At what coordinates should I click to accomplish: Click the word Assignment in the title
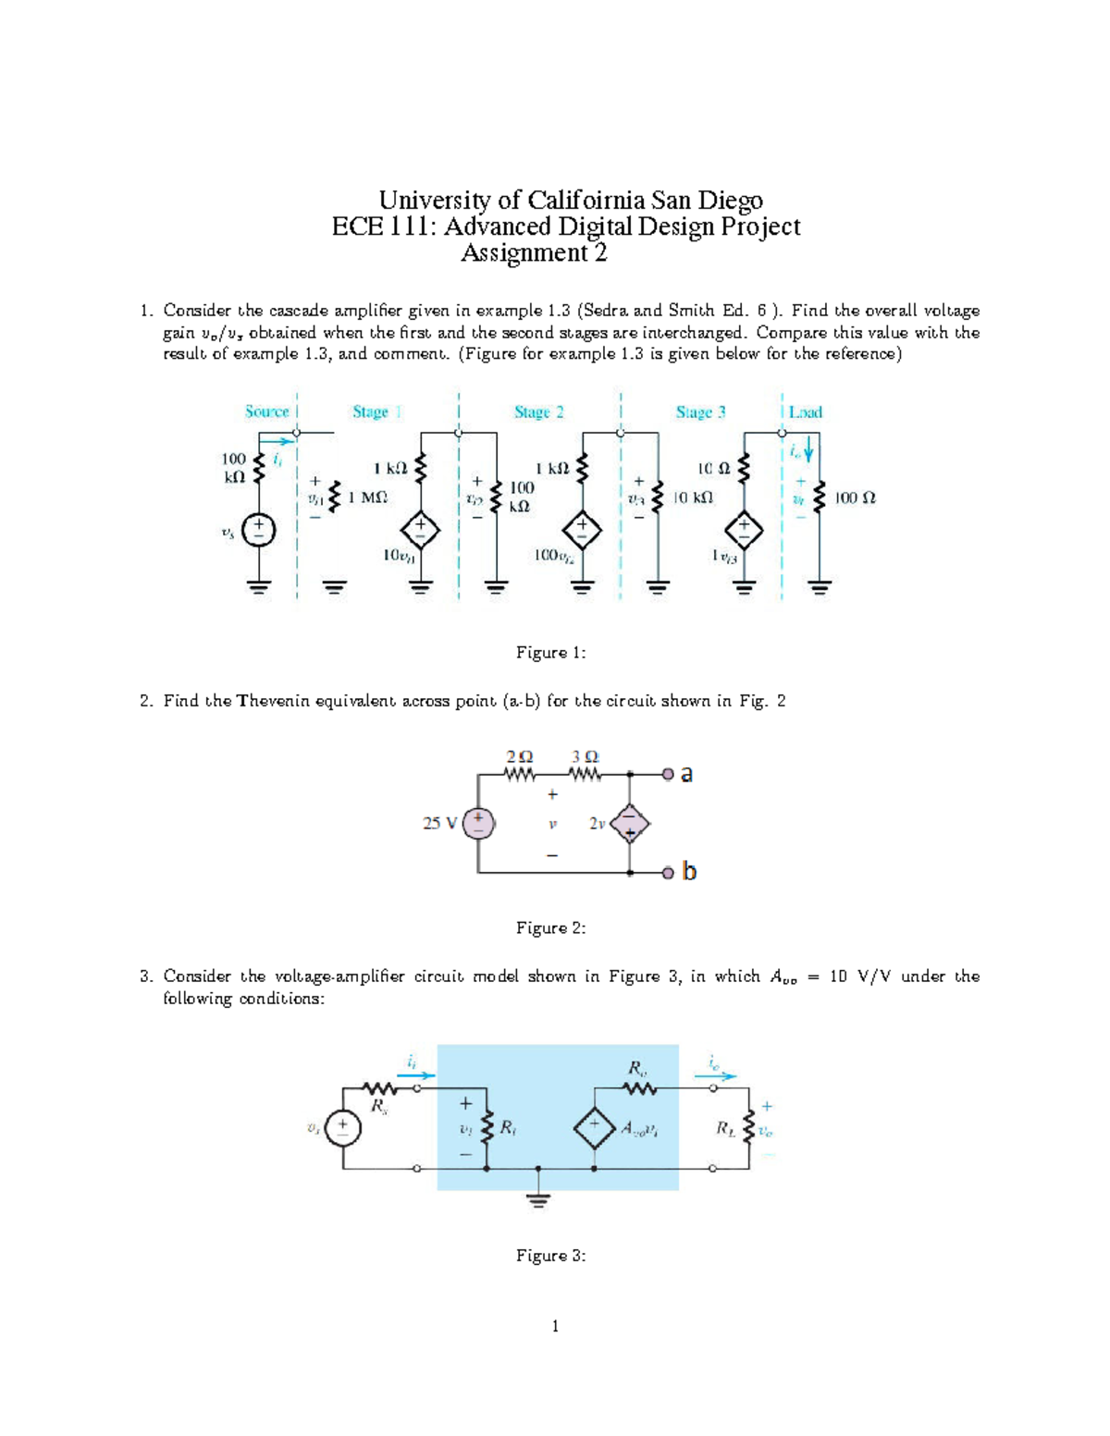coord(524,253)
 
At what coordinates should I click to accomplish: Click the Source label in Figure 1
coord(266,411)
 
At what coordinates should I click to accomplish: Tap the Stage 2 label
coord(538,411)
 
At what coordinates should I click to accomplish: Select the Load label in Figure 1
coord(805,412)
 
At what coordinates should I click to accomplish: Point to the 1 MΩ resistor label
coord(367,497)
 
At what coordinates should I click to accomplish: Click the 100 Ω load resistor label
coord(855,497)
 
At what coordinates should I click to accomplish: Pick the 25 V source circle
coord(478,823)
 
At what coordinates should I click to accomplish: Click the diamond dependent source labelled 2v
coord(630,823)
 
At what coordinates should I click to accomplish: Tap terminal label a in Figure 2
coord(686,775)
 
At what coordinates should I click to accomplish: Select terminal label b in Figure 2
coord(688,871)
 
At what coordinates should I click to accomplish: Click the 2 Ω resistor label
coord(519,756)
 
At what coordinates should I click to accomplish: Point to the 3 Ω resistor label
coord(585,756)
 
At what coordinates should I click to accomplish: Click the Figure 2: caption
coord(550,927)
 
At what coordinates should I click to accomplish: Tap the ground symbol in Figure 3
coord(538,1199)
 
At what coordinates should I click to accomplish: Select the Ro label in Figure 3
coord(637,1068)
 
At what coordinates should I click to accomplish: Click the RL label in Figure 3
coord(726,1128)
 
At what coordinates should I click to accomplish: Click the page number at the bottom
coord(555,1326)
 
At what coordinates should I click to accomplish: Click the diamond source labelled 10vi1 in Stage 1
coord(420,531)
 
